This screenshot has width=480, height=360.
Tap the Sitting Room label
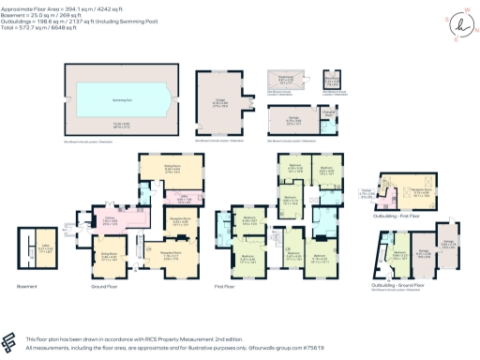[x=172, y=169]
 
